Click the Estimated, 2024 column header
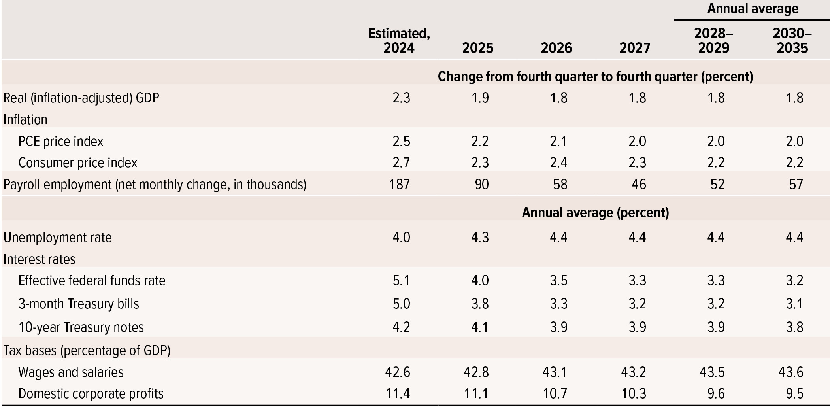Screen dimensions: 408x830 [399, 41]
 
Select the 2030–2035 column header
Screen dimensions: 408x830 [792, 41]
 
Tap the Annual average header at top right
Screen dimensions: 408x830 [753, 9]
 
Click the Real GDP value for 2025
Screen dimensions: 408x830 [480, 98]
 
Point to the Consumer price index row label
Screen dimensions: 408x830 [77, 163]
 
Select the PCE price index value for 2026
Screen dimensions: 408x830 [558, 142]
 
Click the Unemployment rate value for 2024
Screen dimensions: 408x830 [401, 238]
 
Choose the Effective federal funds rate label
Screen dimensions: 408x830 [92, 281]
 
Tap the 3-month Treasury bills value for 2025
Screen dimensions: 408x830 [480, 304]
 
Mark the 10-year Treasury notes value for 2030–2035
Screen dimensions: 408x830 [794, 327]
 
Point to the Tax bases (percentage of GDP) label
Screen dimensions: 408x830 [87, 351]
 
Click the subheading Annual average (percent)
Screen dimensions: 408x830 [595, 213]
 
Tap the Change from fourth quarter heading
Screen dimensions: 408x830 [595, 76]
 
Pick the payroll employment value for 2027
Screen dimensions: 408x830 [639, 185]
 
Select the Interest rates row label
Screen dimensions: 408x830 [40, 259]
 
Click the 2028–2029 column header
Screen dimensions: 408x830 [713, 41]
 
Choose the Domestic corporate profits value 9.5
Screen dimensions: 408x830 [794, 394]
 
